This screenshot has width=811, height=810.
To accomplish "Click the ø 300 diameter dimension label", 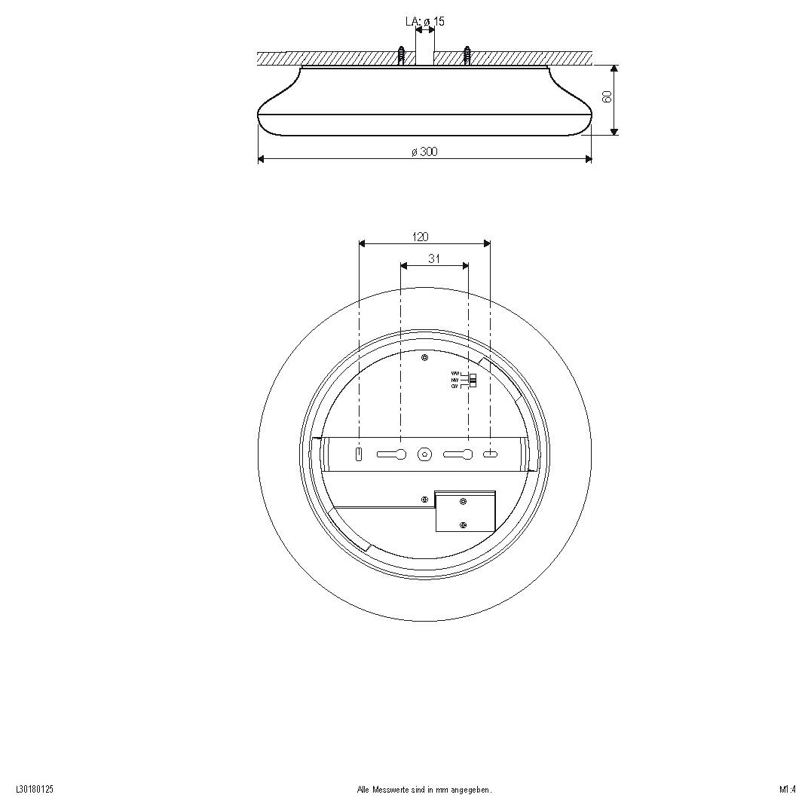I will (x=424, y=151).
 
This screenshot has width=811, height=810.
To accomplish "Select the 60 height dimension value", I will (x=607, y=96).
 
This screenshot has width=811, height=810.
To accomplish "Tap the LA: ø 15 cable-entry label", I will (x=425, y=21).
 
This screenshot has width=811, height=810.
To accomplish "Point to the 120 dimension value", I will (x=421, y=237).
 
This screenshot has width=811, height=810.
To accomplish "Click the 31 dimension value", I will (x=434, y=258).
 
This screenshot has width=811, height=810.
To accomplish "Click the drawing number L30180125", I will (x=35, y=790).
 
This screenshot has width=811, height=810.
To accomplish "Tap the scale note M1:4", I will (x=788, y=790).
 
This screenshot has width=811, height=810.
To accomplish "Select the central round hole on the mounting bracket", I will (x=425, y=454).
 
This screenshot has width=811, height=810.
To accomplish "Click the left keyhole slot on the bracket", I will (x=392, y=454).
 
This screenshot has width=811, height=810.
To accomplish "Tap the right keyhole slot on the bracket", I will (x=458, y=454).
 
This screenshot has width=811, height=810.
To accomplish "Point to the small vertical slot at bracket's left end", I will (x=360, y=454).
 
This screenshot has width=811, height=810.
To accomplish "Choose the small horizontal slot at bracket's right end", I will (x=490, y=454).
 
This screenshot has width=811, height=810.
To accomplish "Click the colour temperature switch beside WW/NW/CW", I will (x=473, y=381).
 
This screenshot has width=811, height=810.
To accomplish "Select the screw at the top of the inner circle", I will (x=425, y=358).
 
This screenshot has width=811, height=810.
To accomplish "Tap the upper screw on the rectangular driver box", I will (x=464, y=502).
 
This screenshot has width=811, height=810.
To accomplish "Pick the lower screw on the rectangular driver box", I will (x=464, y=525).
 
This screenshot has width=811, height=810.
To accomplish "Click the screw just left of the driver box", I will (x=425, y=499).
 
